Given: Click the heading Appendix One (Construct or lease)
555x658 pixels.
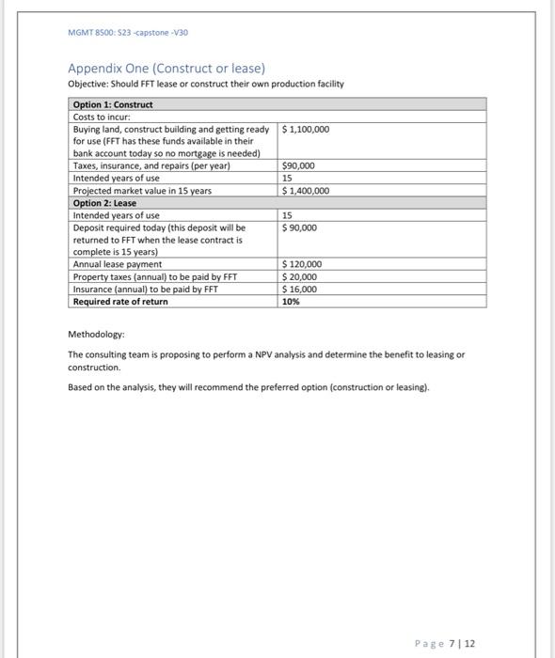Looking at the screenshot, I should coord(166,69).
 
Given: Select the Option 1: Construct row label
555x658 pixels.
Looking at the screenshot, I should coord(113,104).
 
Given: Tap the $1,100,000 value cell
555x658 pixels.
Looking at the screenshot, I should coord(307,129).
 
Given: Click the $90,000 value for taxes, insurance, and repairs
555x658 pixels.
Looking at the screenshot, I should coord(299,165).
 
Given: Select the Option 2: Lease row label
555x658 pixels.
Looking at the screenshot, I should coord(104,203).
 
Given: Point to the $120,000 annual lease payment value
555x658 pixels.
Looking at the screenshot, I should coord(303,265).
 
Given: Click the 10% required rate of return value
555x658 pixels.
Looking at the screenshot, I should coord(291,302).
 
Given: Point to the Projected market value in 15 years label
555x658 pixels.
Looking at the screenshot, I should coord(142,191).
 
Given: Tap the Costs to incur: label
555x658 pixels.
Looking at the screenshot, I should coord(101,117).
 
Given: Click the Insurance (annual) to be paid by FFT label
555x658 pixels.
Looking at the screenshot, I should coord(145,290).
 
